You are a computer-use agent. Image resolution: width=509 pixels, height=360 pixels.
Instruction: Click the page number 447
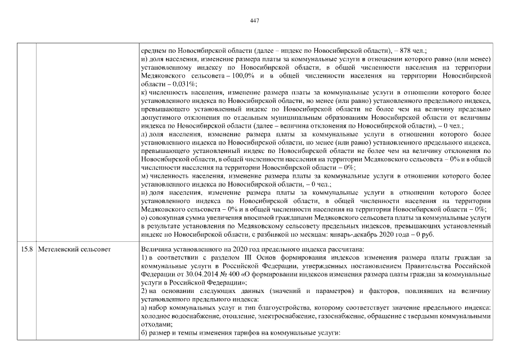click(254, 21)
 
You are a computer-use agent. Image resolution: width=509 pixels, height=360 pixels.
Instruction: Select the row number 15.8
click(26, 249)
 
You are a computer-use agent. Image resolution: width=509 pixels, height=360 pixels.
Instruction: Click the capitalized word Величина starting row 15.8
click(156, 249)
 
